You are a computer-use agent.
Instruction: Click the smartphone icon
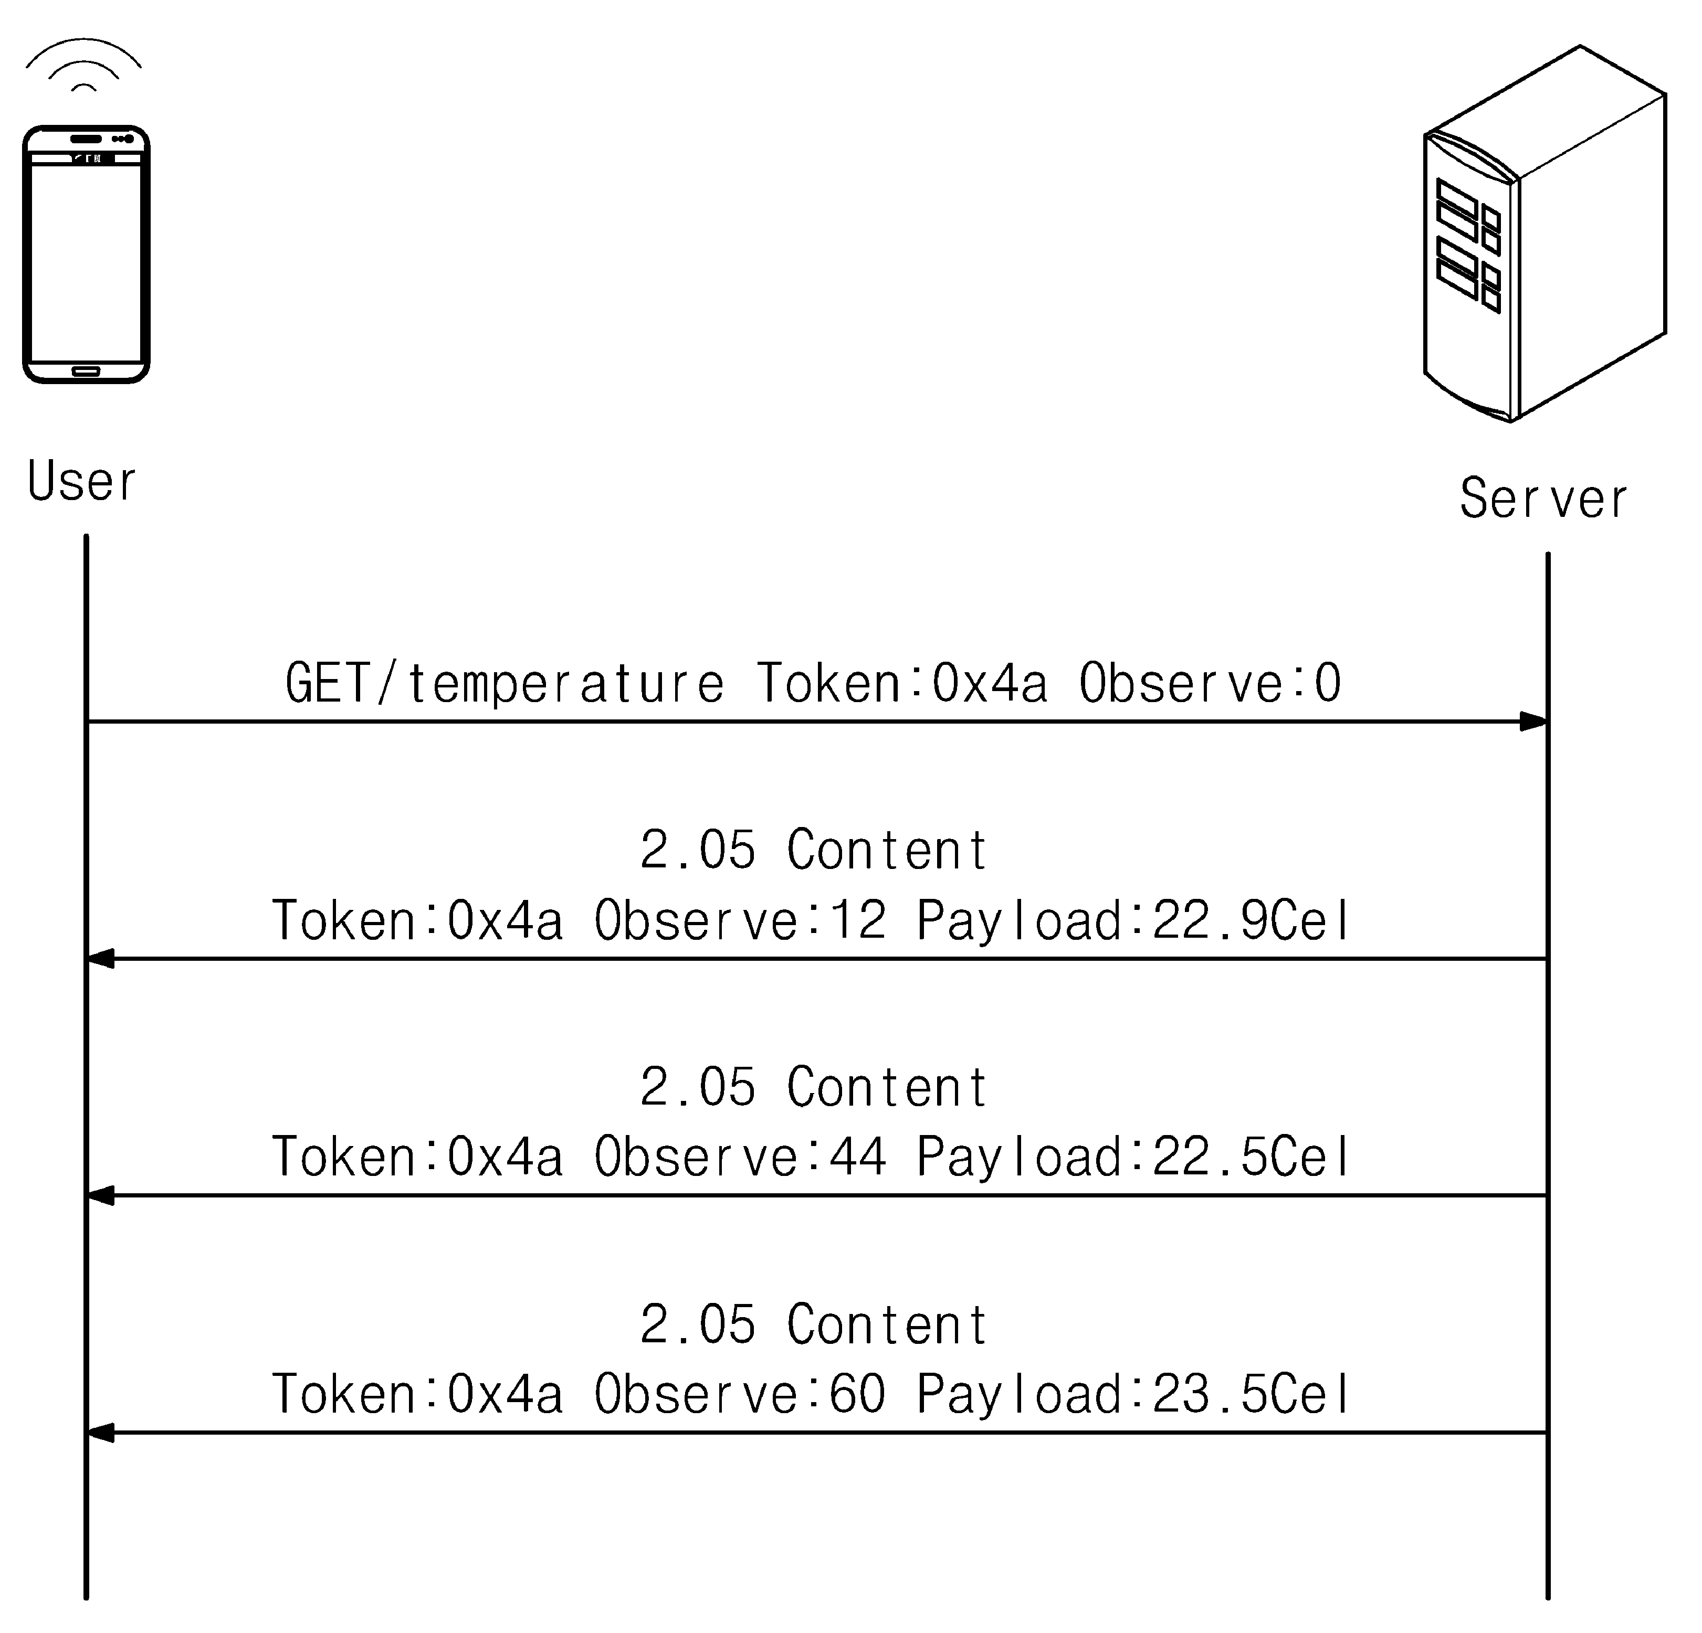(86, 255)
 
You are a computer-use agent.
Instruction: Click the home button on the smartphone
(86, 372)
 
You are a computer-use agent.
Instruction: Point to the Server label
(1543, 499)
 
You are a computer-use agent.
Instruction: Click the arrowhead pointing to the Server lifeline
(1533, 722)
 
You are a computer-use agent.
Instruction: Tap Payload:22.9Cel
(1134, 920)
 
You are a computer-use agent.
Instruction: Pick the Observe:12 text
(740, 920)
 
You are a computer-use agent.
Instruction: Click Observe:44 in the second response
(740, 1157)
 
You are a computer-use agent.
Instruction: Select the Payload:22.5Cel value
(1134, 1157)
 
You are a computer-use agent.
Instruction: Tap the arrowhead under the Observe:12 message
(101, 959)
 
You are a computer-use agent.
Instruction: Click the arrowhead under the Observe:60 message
(101, 1433)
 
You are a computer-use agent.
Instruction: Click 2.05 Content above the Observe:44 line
(814, 1087)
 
